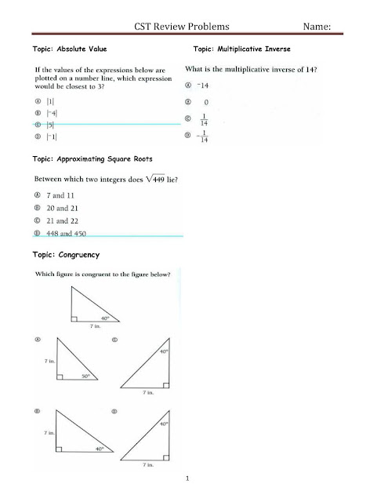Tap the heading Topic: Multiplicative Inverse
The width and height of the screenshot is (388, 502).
(x=241, y=49)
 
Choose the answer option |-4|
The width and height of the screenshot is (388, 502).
(x=49, y=112)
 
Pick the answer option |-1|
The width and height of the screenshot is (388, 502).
(x=49, y=136)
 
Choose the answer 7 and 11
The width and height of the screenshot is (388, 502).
(x=60, y=194)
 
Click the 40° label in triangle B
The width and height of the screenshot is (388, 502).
(x=99, y=449)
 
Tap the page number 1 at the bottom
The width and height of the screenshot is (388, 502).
(x=189, y=478)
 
